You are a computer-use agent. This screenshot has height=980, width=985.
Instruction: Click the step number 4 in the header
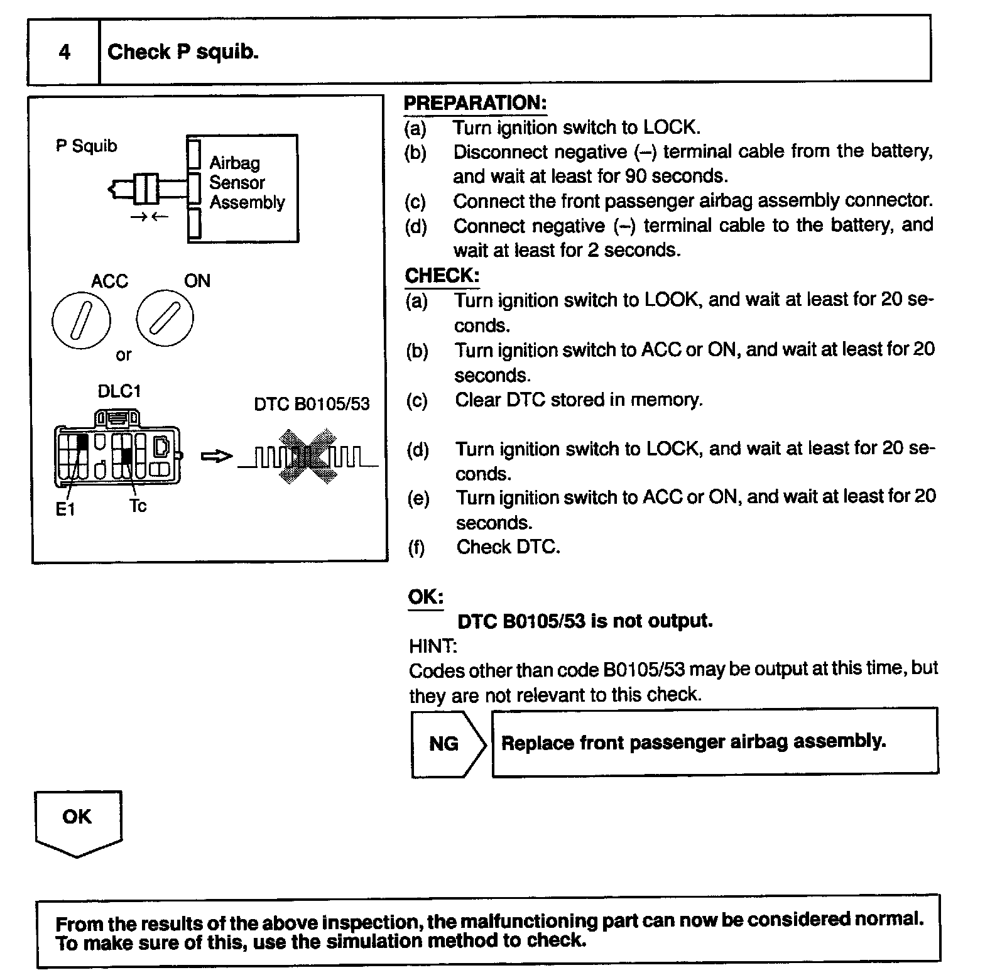(64, 52)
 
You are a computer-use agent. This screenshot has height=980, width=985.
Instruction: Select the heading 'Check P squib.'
(183, 52)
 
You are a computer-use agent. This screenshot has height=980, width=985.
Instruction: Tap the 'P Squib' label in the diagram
(86, 146)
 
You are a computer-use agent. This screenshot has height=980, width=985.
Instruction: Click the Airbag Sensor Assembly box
(243, 187)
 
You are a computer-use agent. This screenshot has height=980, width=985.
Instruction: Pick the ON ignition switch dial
(165, 318)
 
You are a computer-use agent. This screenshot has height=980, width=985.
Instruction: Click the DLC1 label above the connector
(119, 391)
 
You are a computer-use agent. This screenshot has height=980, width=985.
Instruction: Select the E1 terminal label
(65, 509)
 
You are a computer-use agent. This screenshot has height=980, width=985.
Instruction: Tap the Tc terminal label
(138, 506)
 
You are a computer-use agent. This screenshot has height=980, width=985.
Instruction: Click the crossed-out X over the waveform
(308, 457)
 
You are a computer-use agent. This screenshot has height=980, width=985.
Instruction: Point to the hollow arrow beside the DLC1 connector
(216, 457)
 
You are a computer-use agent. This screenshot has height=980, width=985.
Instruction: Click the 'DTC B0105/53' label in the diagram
(312, 404)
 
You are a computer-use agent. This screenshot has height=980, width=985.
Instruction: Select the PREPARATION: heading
(475, 103)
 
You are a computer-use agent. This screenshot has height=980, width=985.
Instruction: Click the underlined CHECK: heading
(442, 275)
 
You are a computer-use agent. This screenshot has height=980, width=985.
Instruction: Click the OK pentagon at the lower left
(78, 820)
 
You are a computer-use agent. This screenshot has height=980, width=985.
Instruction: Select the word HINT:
(433, 646)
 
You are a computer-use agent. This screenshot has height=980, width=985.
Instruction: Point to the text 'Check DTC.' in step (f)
(508, 547)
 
